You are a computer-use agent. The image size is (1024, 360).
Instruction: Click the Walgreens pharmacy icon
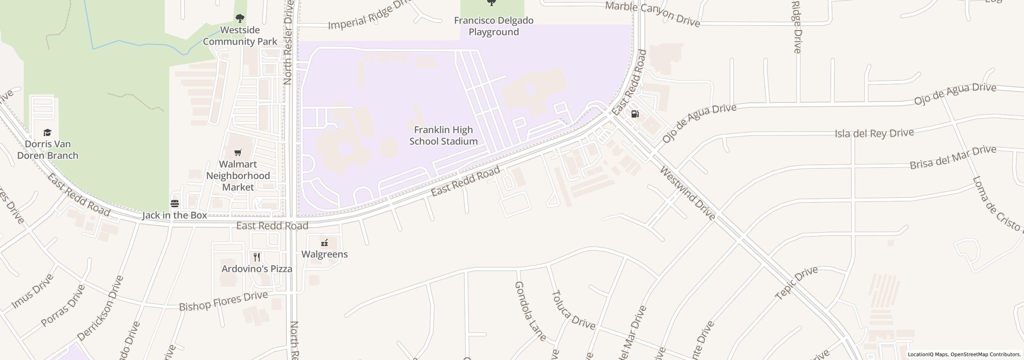pos(324,242)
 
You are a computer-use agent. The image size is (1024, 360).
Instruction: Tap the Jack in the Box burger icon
pos(175,204)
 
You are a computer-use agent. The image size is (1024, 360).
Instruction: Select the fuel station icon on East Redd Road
pos(635,114)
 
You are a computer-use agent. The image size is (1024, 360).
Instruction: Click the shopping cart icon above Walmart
pos(238,152)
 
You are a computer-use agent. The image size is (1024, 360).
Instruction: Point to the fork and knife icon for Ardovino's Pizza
pos(257,257)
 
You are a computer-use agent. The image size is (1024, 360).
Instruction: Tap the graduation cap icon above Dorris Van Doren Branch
pos(48,132)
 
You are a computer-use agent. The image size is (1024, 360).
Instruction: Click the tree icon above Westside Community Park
pos(240,18)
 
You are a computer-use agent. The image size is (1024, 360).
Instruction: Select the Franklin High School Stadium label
pos(443,136)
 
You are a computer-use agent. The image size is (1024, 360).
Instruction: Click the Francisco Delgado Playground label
pos(494,26)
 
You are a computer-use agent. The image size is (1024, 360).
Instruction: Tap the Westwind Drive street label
pos(687,193)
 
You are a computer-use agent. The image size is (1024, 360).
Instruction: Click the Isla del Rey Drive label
pos(874,133)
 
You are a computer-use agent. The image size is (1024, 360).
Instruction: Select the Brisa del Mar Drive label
pos(952,157)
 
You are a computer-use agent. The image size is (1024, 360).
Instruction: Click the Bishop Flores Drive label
pos(223,301)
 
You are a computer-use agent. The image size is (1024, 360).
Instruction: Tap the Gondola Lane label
pos(530,311)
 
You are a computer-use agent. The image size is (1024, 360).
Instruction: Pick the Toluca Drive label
pos(573,310)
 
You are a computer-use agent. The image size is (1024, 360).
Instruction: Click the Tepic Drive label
pos(796,283)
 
